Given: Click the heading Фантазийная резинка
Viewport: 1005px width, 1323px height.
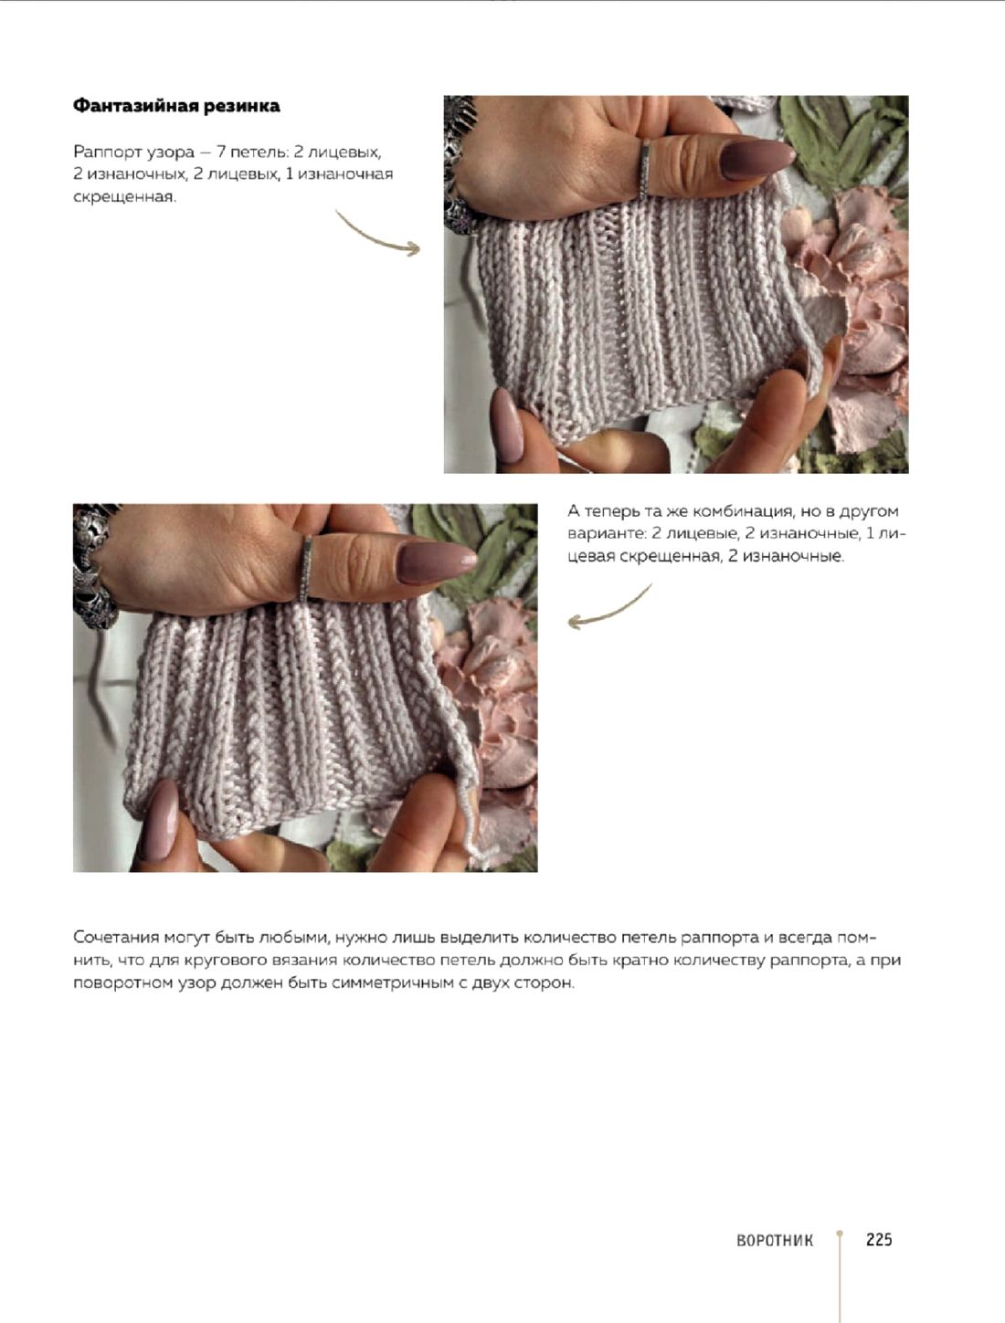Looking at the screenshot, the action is pos(176,106).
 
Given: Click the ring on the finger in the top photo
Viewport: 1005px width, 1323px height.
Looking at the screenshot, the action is pos(644,169).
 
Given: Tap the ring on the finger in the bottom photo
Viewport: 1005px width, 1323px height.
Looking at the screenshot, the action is pos(306,569).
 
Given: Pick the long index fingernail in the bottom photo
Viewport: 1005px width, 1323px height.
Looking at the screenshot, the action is pos(436,562).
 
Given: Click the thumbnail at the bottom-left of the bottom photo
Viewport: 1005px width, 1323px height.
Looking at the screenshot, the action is pos(159,820).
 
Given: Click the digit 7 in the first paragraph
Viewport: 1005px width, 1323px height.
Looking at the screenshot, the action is pos(221,152).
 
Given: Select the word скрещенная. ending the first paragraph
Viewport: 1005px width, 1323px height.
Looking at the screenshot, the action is pos(125,198).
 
